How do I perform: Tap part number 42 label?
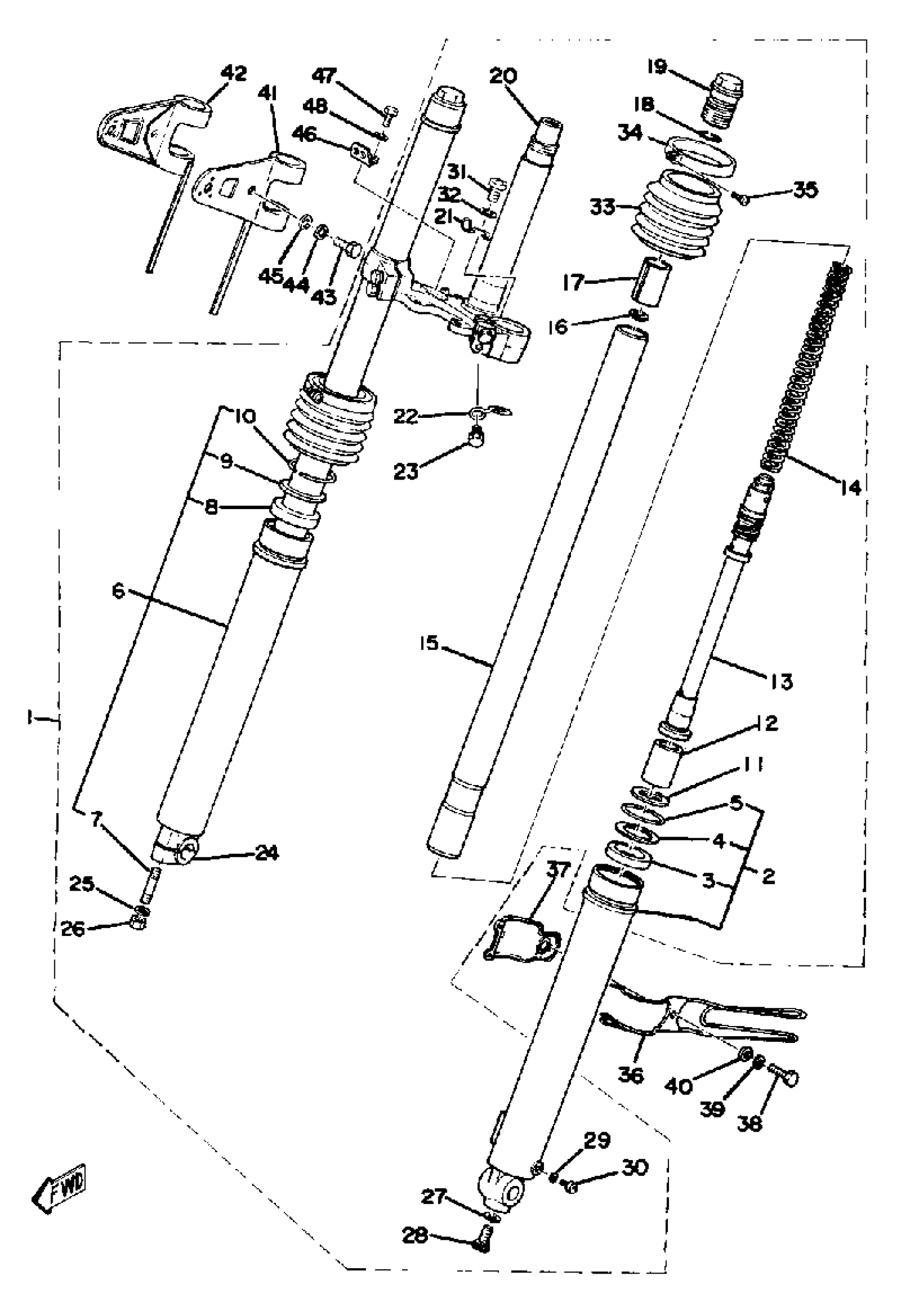(234, 73)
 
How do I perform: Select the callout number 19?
(657, 67)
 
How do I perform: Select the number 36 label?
(631, 1075)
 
